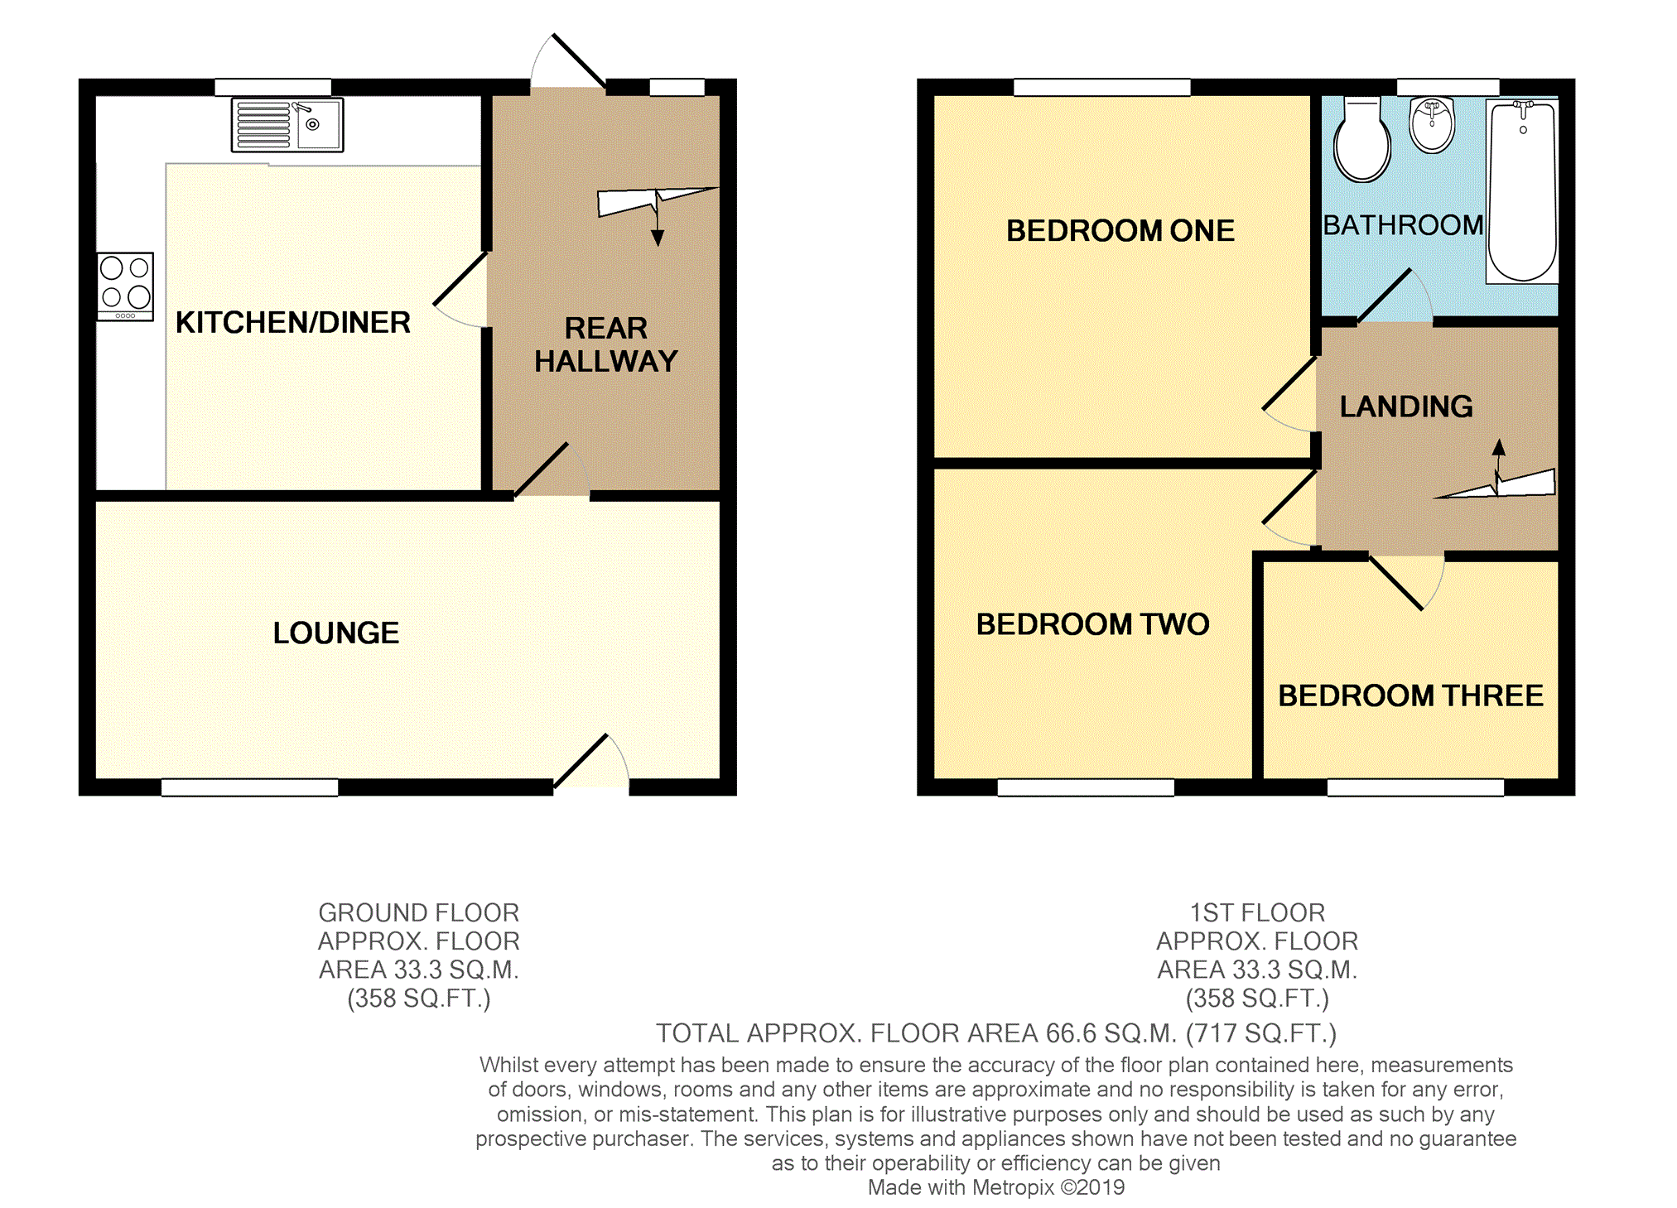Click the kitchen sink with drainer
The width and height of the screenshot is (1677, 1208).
[x=287, y=125]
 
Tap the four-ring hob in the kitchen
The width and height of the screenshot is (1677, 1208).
[x=125, y=286]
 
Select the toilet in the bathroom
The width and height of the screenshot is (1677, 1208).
[x=1362, y=140]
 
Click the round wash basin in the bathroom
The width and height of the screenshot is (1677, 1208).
[x=1432, y=125]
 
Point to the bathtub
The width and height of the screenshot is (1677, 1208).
[x=1522, y=191]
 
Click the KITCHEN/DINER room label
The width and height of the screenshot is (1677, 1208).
[x=293, y=323]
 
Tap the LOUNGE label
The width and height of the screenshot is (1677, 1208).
[x=336, y=633]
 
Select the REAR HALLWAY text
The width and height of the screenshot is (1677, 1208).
[x=606, y=345]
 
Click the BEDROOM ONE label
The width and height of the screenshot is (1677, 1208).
[x=1120, y=231]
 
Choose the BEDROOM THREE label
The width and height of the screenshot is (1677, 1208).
[x=1411, y=696]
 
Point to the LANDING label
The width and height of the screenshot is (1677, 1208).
[x=1406, y=407]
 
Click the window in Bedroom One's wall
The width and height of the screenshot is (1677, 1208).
[x=1102, y=87]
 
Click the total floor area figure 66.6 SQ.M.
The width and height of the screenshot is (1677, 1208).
[x=1111, y=1034]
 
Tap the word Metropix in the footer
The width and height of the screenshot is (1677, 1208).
[x=1013, y=1188]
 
